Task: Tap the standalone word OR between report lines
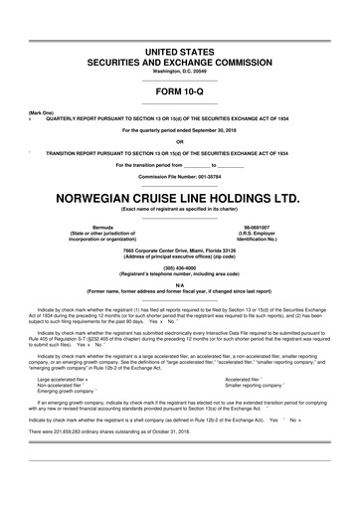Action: (179, 139)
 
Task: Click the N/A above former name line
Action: (179, 283)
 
